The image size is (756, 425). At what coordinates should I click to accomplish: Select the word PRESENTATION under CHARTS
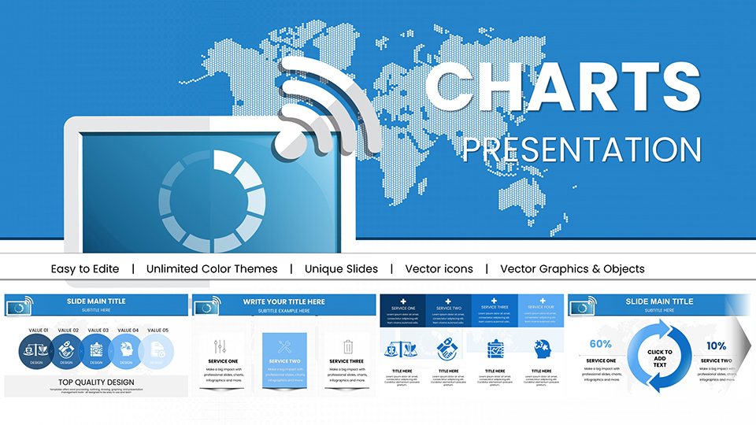point(581,150)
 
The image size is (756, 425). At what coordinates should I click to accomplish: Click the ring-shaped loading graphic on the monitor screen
point(211,196)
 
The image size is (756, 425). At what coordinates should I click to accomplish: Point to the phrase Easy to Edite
point(85,269)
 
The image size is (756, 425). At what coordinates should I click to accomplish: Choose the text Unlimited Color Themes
point(212,269)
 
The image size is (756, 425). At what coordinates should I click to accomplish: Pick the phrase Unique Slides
point(341,269)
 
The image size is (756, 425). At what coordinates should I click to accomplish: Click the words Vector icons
point(439,269)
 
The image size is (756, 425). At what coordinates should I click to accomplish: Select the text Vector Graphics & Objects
point(572,269)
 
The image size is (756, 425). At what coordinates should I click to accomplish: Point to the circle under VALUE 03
point(96,352)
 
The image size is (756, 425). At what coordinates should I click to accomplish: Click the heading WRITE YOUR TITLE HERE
point(283,301)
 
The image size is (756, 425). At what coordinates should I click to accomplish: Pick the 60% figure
point(600,344)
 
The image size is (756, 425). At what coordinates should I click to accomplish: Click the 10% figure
point(716,346)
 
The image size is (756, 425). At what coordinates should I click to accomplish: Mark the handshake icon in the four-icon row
point(448,349)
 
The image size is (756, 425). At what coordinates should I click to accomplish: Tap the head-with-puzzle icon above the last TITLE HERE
point(542,349)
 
